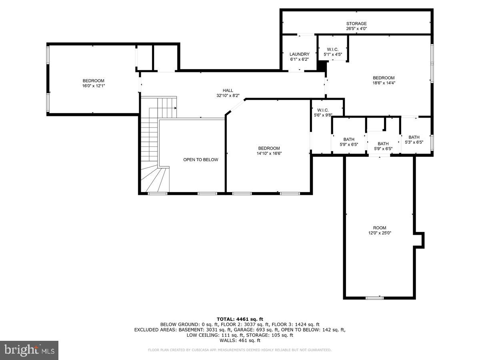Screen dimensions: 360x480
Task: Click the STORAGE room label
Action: tap(356, 24)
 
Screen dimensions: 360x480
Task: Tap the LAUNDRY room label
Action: tap(300, 54)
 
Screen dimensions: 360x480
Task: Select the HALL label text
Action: tap(228, 90)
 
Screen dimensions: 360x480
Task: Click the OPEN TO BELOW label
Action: tap(201, 160)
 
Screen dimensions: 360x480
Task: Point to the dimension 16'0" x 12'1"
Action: tap(94, 86)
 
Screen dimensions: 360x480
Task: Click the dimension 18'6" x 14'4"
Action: tap(384, 83)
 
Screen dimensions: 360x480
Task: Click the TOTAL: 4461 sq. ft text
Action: tap(240, 319)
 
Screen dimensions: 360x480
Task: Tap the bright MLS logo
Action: tap(29, 350)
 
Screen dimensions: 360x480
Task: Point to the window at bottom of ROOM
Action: tap(375, 298)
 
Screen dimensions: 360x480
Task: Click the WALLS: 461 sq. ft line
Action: tap(240, 340)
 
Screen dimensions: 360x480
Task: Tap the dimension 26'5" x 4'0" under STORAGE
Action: tap(356, 29)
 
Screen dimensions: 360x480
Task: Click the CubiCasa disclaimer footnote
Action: tap(240, 350)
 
